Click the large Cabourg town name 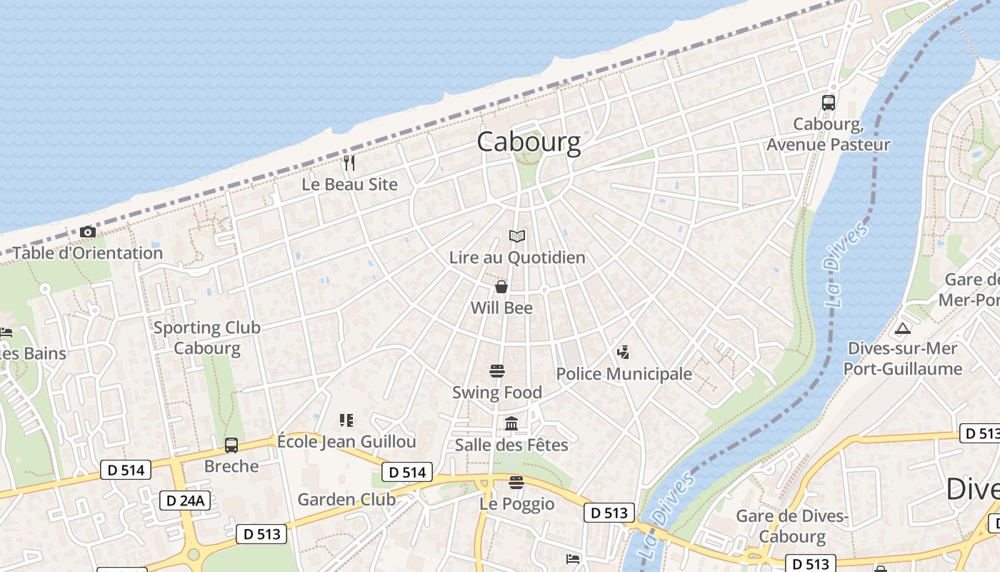529,142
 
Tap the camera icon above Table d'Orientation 87,232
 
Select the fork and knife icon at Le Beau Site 349,162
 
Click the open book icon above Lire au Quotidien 517,236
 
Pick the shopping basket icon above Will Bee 501,287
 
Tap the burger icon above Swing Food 497,370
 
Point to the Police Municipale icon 623,352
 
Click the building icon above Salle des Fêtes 511,424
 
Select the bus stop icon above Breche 231,445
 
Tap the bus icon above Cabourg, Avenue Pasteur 829,102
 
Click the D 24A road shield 185,500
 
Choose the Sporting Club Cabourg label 207,338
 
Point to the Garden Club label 346,499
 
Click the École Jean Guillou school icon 346,420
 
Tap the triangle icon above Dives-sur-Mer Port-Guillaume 903,329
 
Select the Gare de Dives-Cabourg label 792,526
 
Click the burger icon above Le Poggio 516,483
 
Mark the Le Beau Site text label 349,184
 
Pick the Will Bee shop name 501,308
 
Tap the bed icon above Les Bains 6,332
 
